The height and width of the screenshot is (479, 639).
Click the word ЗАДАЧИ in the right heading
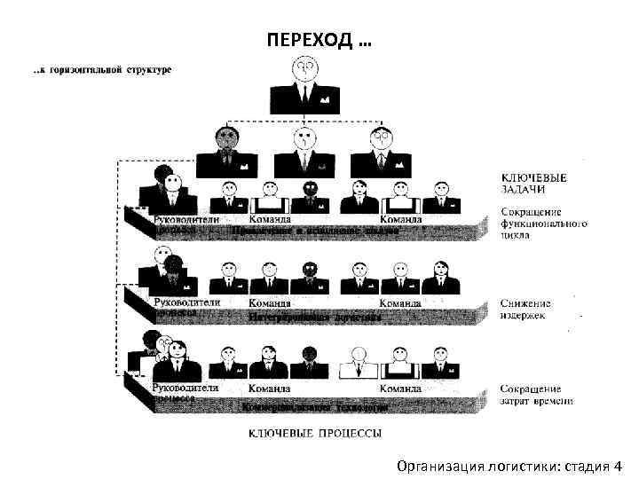point(522,189)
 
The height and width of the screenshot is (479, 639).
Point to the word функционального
point(543,225)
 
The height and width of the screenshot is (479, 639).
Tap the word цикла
point(515,237)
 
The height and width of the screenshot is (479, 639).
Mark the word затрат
point(516,401)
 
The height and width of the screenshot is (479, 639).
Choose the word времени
point(554,401)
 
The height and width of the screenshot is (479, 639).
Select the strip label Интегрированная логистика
point(315,316)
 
